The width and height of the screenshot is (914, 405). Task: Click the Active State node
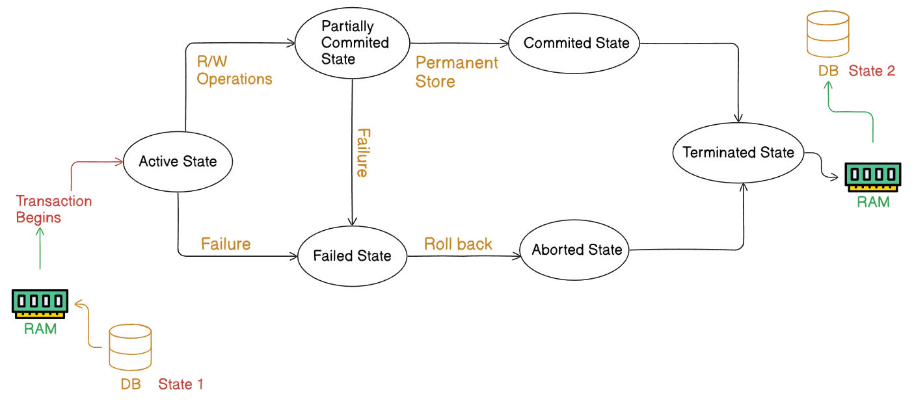point(178,161)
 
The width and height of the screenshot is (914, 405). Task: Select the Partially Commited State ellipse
point(352,43)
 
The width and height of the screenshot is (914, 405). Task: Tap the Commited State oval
point(576,44)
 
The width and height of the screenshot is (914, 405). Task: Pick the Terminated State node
point(738,153)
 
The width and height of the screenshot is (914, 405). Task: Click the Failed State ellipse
point(352,255)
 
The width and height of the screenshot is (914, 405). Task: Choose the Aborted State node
point(576,250)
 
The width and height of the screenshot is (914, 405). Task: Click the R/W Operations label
point(234,70)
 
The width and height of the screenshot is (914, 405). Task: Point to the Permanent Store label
point(457,72)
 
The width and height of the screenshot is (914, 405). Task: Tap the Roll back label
point(458,244)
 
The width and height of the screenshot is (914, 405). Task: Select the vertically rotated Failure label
point(362,153)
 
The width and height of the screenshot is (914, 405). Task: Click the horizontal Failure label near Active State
point(225,244)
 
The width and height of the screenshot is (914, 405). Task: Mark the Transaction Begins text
point(53,209)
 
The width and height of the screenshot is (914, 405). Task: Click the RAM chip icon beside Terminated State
point(872,176)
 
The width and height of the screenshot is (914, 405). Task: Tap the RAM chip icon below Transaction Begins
point(40,303)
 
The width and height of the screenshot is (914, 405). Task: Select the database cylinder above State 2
point(827,34)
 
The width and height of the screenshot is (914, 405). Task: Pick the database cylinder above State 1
point(130,347)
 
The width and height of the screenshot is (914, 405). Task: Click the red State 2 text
point(872,71)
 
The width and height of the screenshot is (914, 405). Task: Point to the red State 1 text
point(181,384)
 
